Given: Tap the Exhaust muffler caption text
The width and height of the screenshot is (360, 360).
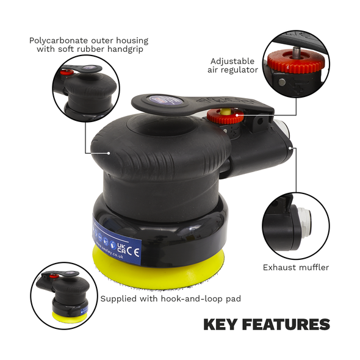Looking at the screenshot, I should point(295,267).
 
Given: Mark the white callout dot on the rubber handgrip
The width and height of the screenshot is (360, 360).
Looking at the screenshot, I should point(108,153).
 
